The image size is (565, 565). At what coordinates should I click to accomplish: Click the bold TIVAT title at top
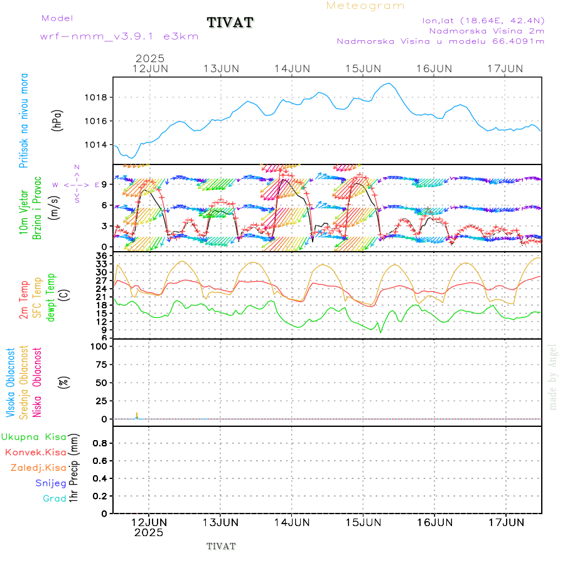230,23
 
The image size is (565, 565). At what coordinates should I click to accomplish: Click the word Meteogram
365,6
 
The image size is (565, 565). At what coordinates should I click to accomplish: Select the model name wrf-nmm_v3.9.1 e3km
119,36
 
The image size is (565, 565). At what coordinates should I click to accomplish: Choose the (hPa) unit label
57,120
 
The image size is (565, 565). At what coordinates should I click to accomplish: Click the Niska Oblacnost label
38,382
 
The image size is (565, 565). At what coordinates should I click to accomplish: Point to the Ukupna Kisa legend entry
34,437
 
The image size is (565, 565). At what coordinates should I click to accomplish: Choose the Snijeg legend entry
50,483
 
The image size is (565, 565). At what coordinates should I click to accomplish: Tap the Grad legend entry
54,499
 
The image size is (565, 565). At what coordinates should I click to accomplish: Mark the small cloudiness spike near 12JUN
137,416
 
